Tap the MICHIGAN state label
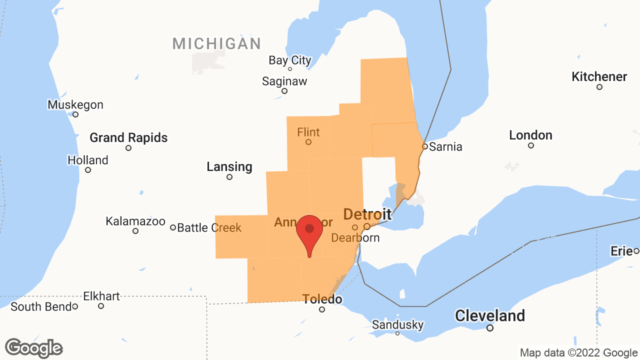click(216, 43)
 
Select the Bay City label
click(290, 60)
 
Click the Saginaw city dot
click(284, 91)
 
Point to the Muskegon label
click(75, 105)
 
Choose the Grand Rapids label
click(128, 137)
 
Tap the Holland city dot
click(88, 170)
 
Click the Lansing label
click(229, 166)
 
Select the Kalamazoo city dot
click(135, 231)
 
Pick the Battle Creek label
click(209, 228)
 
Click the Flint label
click(308, 132)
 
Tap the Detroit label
click(367, 214)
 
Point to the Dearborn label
click(355, 237)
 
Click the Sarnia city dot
click(425, 146)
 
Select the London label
click(530, 135)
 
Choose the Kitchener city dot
click(599, 87)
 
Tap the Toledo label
click(322, 299)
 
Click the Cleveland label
click(490, 316)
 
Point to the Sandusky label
click(397, 325)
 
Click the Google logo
click(34, 348)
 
